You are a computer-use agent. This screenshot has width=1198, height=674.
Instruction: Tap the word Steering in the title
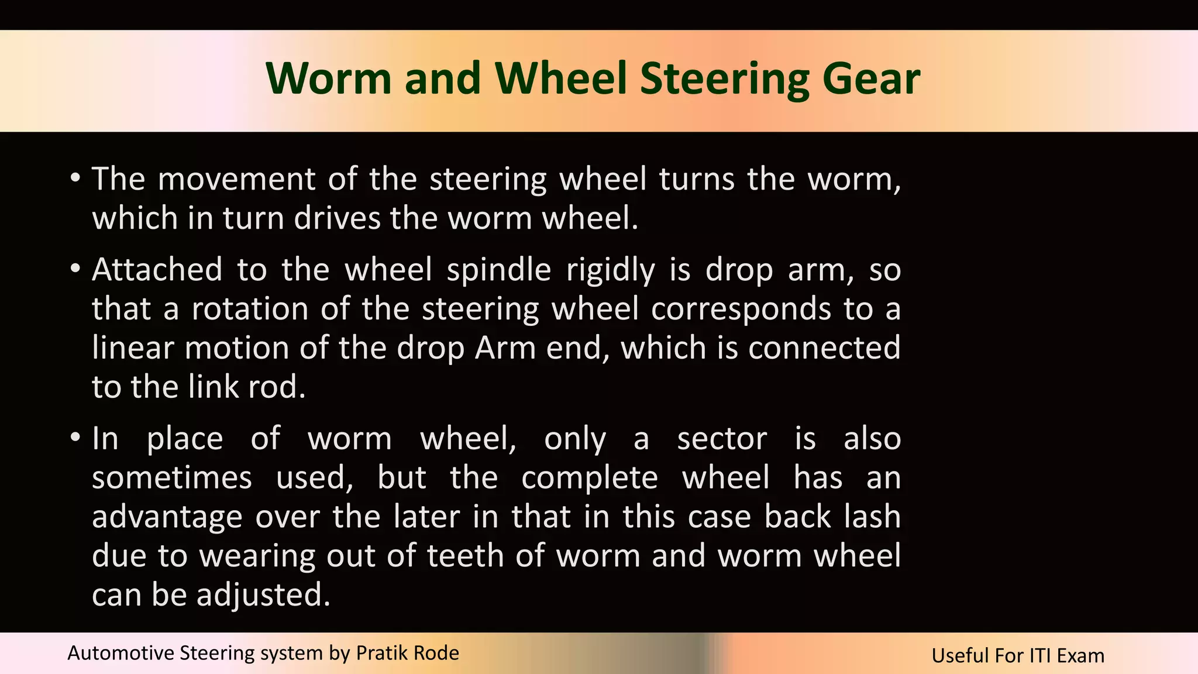725,79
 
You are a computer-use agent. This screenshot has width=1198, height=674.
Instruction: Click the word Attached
157,270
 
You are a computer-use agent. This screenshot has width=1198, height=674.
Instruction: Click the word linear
133,348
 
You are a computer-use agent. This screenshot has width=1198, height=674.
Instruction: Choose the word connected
824,348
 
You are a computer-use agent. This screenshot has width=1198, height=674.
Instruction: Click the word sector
722,439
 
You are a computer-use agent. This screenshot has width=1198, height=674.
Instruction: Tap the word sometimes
172,478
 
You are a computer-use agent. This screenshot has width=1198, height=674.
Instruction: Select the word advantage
167,518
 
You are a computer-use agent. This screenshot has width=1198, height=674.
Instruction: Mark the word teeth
465,556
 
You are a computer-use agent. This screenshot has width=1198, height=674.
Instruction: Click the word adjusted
264,596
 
